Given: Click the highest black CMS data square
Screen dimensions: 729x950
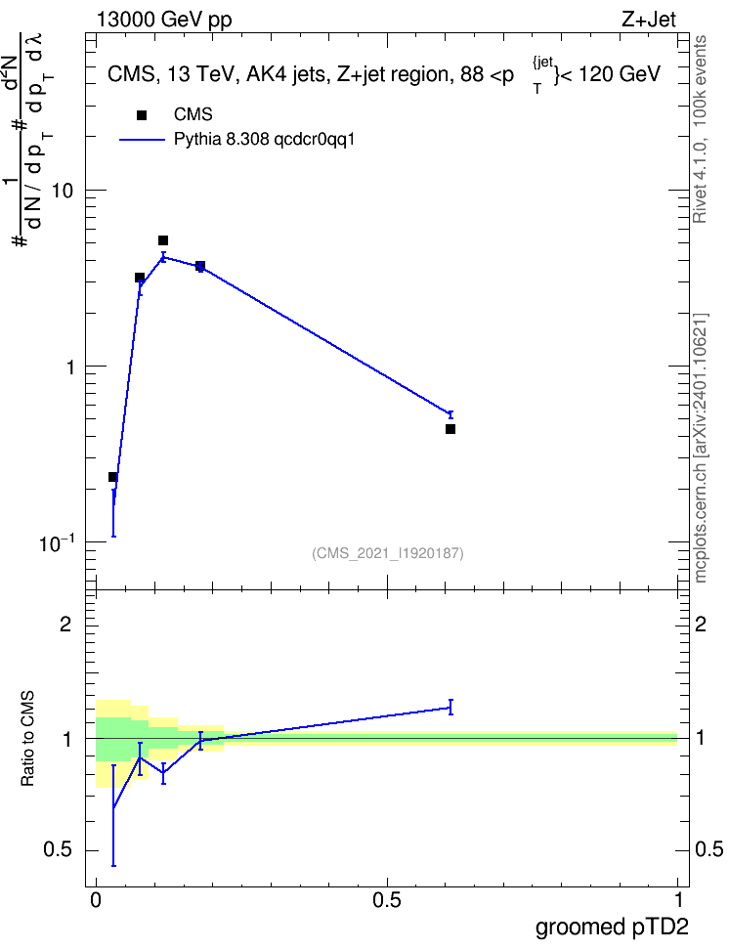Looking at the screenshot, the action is [x=163, y=240].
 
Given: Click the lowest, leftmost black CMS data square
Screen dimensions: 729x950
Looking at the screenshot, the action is [x=112, y=477].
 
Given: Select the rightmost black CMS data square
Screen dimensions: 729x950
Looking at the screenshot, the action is [x=450, y=429].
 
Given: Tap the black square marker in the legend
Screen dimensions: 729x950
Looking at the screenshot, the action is [x=142, y=115].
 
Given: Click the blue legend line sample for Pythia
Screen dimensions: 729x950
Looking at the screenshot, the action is [x=143, y=140].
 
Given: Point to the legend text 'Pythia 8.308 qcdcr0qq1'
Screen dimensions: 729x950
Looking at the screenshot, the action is [x=264, y=140].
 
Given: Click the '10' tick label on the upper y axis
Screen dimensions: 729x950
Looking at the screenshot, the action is [x=62, y=191].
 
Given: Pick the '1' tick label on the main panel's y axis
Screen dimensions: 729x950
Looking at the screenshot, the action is [x=68, y=367].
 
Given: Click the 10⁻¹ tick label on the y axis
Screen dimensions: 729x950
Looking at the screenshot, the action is [x=57, y=542].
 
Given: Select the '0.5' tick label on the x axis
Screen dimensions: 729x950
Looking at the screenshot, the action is [x=387, y=900].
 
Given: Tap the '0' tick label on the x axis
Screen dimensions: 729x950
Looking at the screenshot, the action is [x=96, y=900].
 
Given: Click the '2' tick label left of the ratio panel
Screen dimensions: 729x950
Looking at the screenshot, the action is [x=65, y=624].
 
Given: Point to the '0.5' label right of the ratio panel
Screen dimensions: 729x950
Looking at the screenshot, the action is [x=708, y=849].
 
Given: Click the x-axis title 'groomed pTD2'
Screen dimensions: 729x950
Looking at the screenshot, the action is [x=612, y=927].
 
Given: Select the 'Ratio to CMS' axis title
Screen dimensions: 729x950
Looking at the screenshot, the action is [x=27, y=739].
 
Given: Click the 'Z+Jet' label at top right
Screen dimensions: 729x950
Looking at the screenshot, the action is [x=649, y=20].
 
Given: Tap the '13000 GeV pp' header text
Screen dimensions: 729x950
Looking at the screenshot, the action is [x=164, y=21].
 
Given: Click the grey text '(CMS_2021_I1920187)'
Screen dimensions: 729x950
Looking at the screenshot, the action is [x=388, y=553].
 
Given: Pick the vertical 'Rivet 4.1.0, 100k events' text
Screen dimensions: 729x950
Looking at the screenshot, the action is [x=700, y=129].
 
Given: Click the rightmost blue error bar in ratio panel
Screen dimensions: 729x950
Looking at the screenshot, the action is [x=450, y=707].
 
